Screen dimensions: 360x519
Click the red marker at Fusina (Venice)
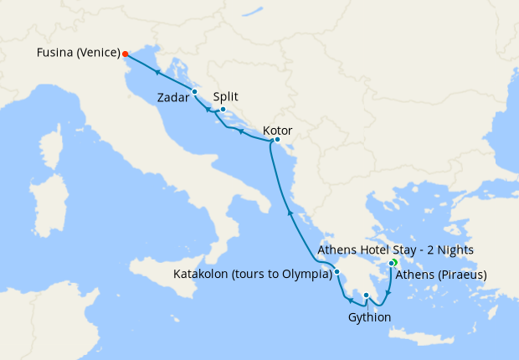click(126, 54)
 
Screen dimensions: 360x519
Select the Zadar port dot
click(194, 91)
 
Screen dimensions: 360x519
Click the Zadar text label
click(173, 99)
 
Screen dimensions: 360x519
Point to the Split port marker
click(223, 110)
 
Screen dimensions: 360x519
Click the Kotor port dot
click(277, 140)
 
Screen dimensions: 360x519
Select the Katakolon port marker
click(337, 272)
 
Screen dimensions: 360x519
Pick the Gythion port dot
click(366, 295)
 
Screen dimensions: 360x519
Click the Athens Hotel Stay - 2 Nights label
click(396, 249)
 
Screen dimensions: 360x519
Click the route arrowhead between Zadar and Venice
click(157, 73)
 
